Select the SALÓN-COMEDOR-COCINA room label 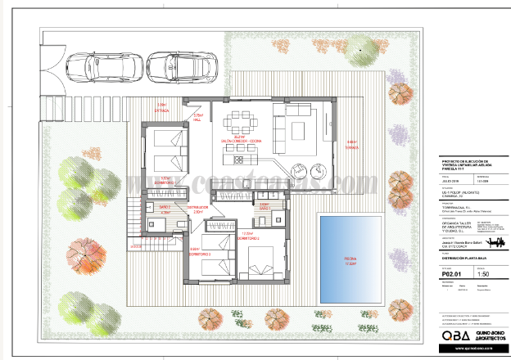point(241,141)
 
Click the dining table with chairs point(242,123)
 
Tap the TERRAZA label point(352,146)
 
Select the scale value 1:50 point(482,275)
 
